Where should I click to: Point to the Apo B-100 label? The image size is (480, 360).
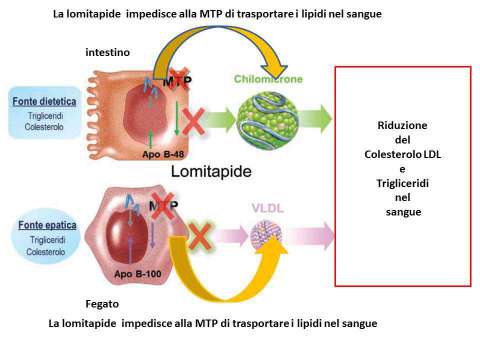(x=139, y=272)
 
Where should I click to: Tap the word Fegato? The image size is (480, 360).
(x=102, y=300)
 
